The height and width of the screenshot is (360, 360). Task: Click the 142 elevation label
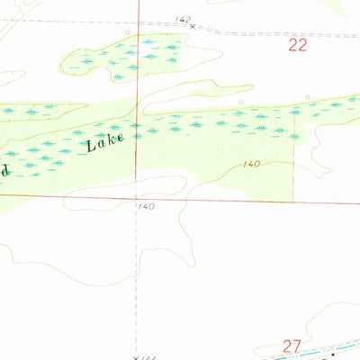tap(183, 19)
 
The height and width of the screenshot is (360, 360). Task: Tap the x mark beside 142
tap(192, 27)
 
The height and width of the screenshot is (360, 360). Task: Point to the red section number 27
tap(290, 344)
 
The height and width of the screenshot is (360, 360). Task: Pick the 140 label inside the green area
tap(251, 164)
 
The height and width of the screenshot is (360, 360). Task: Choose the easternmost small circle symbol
tap(307, 97)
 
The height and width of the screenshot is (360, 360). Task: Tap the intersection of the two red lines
tap(138, 194)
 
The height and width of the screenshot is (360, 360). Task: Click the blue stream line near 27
tap(297, 354)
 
